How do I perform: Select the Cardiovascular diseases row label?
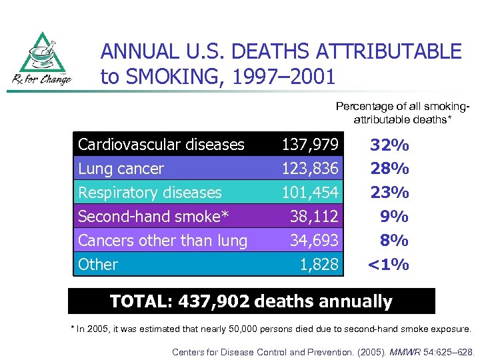(161, 144)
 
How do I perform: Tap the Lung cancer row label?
(121, 169)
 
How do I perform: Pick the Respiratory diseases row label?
(149, 193)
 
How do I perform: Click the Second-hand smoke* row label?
(153, 217)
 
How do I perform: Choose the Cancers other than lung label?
(163, 241)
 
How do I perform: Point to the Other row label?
(98, 265)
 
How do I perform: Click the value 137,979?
(310, 144)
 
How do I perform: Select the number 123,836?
(310, 169)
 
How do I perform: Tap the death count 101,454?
(310, 193)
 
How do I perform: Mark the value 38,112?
(314, 217)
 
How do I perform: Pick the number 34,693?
(314, 241)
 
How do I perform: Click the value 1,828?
(319, 265)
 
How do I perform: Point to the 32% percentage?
(390, 145)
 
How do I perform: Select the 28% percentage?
(390, 169)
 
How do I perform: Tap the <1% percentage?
(389, 265)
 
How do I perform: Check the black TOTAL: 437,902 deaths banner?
(251, 301)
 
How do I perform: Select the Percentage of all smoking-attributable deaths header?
(402, 113)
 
